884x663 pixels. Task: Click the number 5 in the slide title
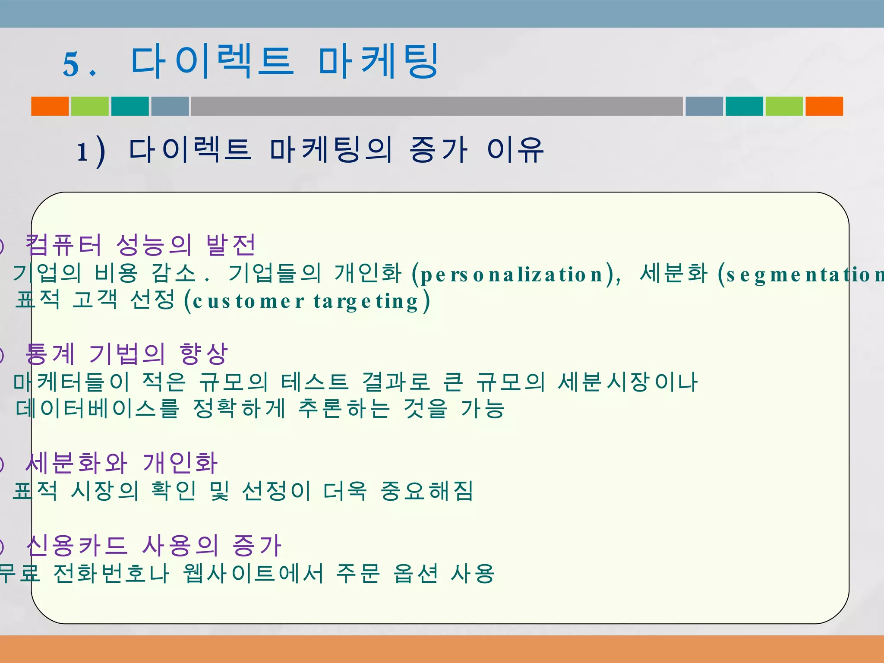(71, 64)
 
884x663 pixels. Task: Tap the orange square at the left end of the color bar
(50, 106)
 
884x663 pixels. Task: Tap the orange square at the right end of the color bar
(824, 106)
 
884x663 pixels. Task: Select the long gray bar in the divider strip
(437, 106)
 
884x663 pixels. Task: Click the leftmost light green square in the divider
(90, 106)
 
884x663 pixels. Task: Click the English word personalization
(511, 275)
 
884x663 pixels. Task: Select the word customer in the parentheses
(249, 301)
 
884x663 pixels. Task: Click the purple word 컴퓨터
(64, 245)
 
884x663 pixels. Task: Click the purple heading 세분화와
(76, 463)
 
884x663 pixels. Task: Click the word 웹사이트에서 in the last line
(253, 573)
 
